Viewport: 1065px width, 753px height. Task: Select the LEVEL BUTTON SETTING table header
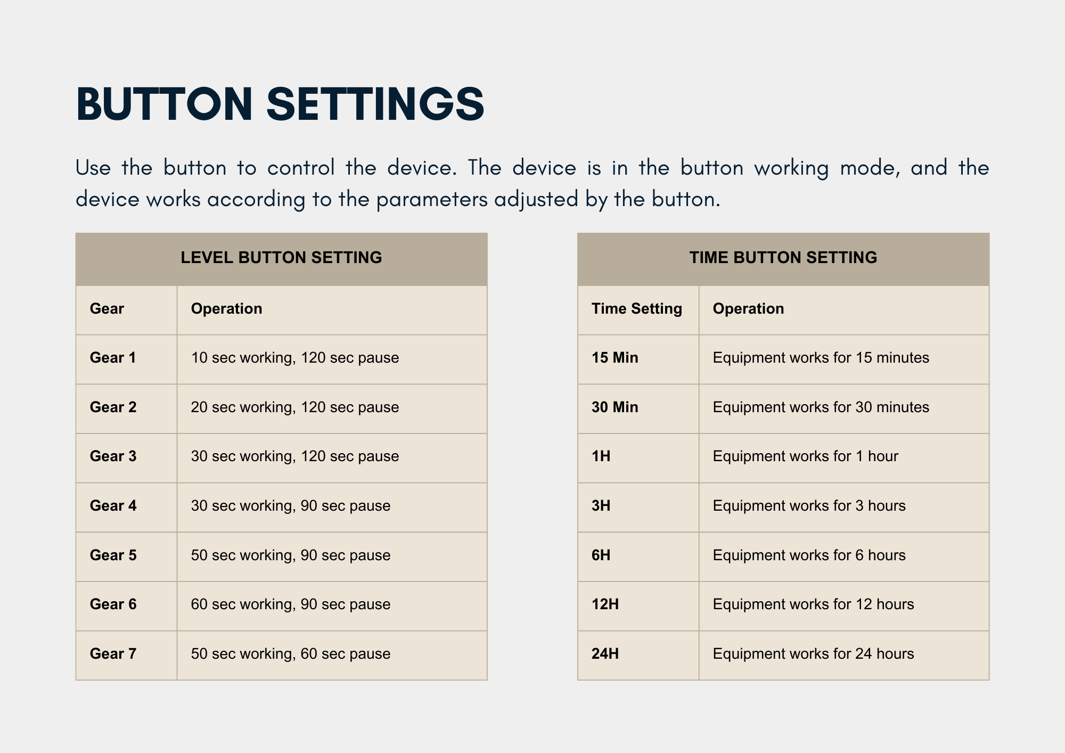coord(281,258)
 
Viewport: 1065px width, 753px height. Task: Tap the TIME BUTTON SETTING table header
coord(783,258)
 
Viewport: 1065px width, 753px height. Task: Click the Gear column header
coord(106,309)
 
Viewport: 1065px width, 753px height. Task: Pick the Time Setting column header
coord(637,309)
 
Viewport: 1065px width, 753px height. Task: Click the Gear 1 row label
coord(113,358)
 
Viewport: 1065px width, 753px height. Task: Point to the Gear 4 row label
coord(113,506)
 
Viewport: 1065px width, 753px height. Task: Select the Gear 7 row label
coord(113,654)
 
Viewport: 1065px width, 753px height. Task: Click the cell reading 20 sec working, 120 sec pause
coord(295,407)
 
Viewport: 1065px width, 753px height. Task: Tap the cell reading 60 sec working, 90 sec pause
coord(291,604)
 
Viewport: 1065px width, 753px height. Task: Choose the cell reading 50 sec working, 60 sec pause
coord(291,654)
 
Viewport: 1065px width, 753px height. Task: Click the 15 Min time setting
coord(615,358)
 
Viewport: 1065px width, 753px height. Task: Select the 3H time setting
coord(601,506)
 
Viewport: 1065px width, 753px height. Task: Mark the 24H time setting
coord(605,654)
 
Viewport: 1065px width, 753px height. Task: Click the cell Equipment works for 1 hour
coord(806,456)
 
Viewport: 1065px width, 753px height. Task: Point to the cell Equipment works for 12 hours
coord(814,604)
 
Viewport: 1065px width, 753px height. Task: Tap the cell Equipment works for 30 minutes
coord(821,407)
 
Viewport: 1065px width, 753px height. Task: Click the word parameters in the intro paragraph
coord(432,200)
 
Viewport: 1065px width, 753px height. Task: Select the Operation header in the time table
coord(749,309)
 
